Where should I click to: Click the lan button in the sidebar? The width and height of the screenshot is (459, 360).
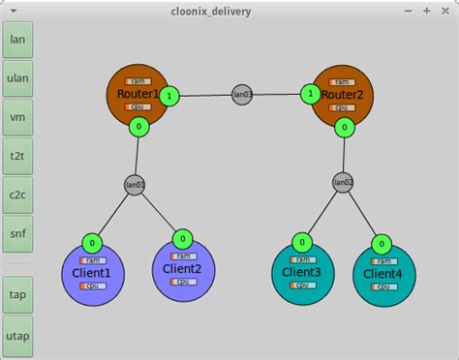[x=17, y=40]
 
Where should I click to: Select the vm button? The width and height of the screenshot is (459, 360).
[x=17, y=117]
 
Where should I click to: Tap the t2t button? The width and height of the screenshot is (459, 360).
[x=17, y=156]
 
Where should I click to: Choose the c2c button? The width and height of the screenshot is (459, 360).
[x=17, y=195]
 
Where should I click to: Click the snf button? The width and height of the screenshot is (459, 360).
[x=17, y=233]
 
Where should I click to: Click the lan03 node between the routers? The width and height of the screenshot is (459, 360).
[x=242, y=95]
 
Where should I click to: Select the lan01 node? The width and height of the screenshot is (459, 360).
[x=135, y=184]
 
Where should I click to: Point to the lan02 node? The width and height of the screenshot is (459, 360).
[x=343, y=181]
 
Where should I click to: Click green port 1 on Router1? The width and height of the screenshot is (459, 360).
[x=169, y=96]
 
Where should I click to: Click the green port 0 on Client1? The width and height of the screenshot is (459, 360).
[x=91, y=243]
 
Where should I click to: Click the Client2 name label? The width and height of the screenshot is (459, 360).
[x=182, y=269]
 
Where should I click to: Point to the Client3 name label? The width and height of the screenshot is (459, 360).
[x=303, y=273]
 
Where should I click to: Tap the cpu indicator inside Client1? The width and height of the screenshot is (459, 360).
[x=93, y=285]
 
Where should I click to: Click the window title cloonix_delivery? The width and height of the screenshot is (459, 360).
[x=229, y=10]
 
